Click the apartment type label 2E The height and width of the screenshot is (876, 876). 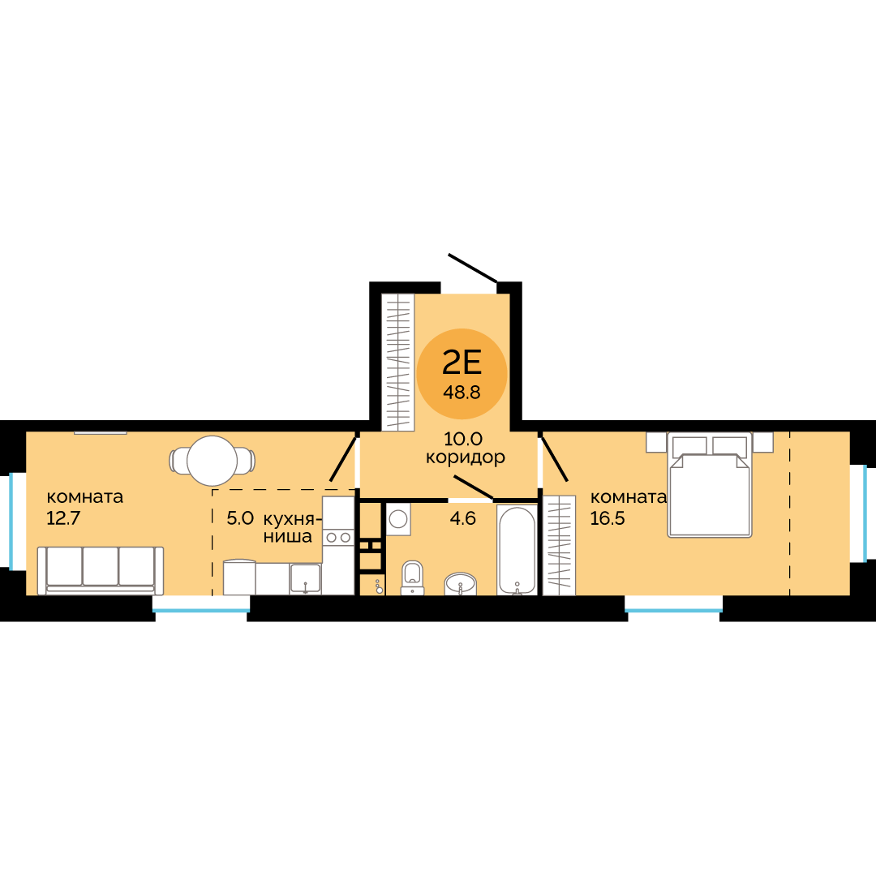tap(462, 363)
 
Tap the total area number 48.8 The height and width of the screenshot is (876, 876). tap(462, 393)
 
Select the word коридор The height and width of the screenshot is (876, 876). tap(466, 457)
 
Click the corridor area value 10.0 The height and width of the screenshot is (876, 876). tap(463, 439)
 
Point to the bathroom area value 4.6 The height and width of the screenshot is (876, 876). tap(462, 518)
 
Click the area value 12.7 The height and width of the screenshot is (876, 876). tap(63, 518)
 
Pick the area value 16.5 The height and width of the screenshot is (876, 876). tap(608, 518)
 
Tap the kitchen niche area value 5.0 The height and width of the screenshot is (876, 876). tap(240, 518)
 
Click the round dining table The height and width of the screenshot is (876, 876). tap(213, 461)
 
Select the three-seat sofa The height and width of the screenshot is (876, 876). tap(101, 570)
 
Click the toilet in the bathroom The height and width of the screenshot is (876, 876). tap(412, 578)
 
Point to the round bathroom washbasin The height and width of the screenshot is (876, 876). tap(461, 584)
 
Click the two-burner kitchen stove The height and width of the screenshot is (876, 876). tap(338, 538)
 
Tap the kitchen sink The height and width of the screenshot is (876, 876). tap(305, 579)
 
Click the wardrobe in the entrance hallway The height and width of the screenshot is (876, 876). tap(397, 362)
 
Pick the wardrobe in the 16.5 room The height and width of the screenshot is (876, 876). tap(559, 545)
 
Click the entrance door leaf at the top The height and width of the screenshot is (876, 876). tap(473, 268)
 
